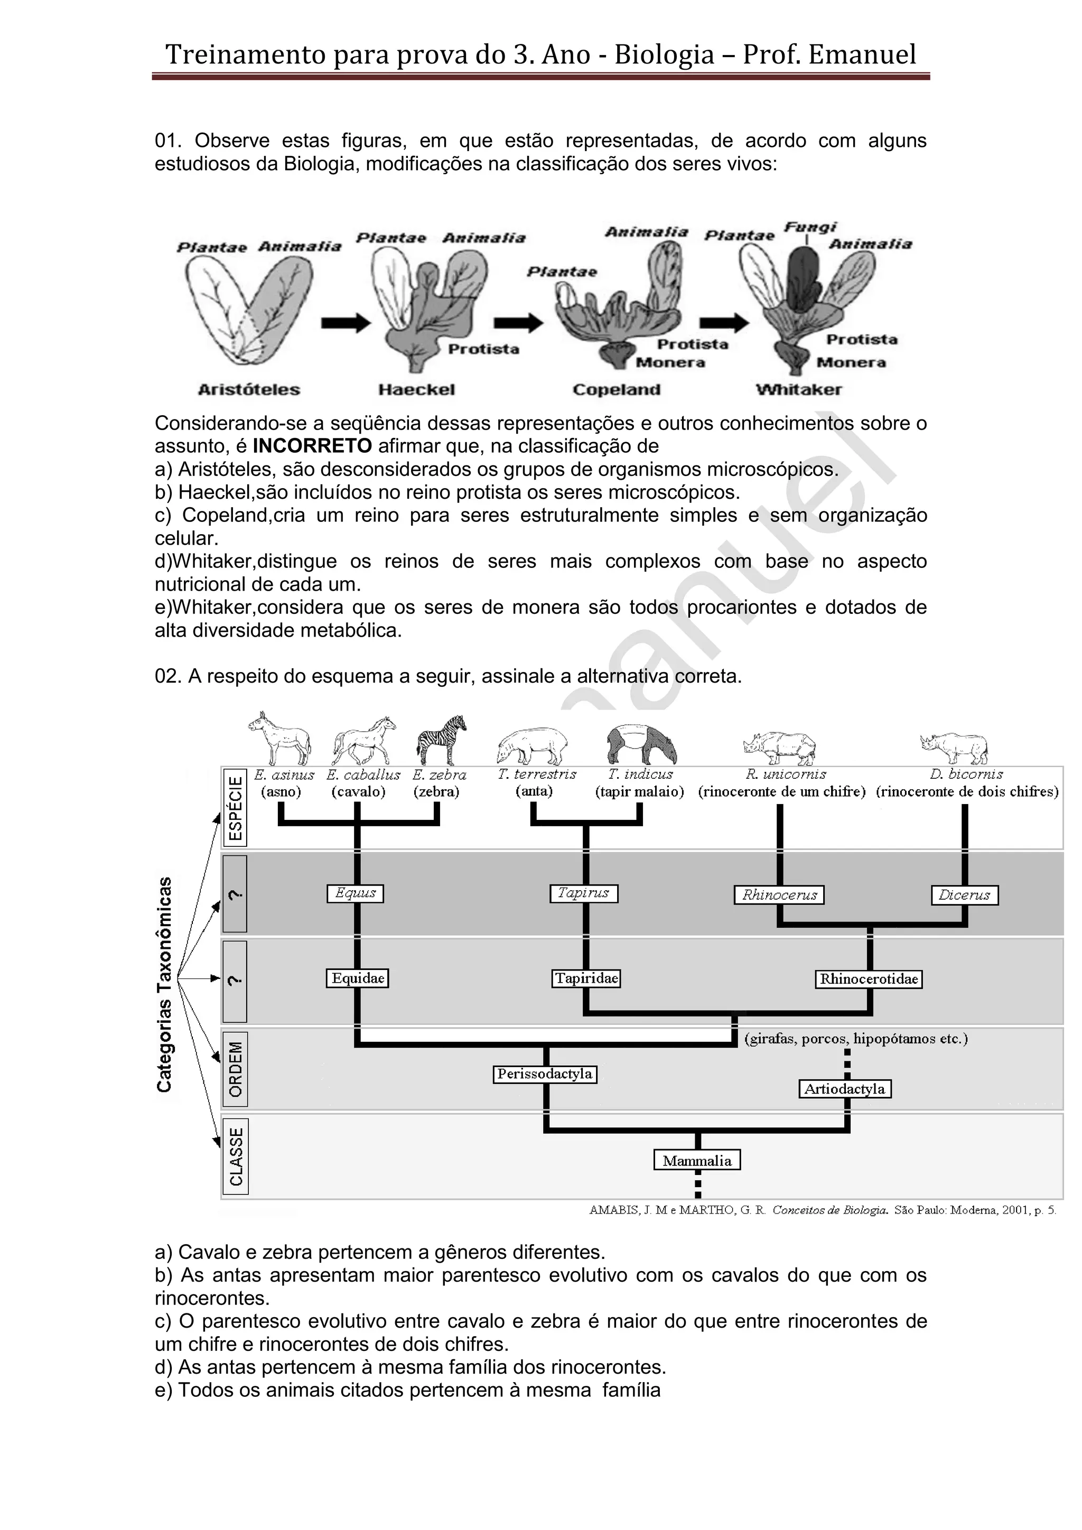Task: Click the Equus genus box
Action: pos(355,893)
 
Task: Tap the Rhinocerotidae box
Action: pos(869,979)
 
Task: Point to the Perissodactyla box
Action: pos(544,1074)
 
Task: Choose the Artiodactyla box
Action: pos(844,1089)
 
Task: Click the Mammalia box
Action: pos(697,1160)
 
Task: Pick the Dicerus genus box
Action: pos(964,895)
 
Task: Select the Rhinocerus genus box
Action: pos(779,895)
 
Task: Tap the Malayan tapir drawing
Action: pos(641,744)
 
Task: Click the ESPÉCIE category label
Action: pos(235,808)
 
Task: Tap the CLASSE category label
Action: pos(235,1156)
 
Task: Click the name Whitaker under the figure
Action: pos(798,390)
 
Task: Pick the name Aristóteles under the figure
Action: pos(249,390)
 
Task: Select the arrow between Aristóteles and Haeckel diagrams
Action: pos(345,323)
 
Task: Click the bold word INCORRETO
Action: pos(312,446)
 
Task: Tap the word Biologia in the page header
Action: pos(664,54)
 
